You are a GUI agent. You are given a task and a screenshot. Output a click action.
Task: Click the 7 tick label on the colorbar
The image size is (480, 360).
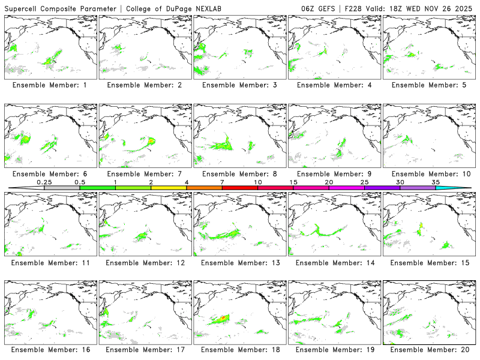point(222,182)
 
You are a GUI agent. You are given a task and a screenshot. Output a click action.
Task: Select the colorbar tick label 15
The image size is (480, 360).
point(293,182)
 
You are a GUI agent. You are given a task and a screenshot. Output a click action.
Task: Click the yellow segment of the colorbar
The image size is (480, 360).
point(169,188)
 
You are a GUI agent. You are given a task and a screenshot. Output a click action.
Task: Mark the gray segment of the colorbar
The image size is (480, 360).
point(62,188)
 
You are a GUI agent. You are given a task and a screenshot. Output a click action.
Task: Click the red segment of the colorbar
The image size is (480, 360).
point(240,188)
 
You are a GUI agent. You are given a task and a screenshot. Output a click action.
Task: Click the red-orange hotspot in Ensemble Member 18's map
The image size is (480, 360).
point(223,317)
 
